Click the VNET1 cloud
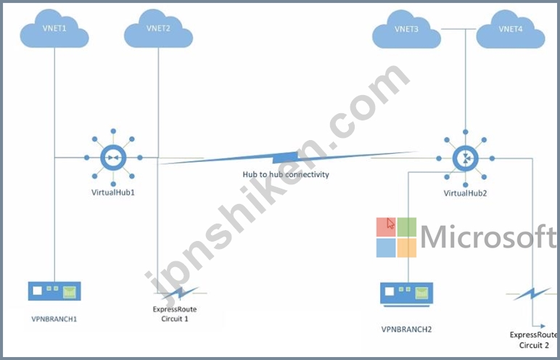(54, 28)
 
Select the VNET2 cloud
(158, 28)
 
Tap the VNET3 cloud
(406, 29)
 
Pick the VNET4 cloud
(511, 29)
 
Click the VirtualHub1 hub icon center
(113, 157)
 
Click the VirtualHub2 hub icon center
(466, 159)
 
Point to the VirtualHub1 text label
(113, 192)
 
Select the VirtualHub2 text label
(465, 193)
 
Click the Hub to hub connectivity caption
(286, 174)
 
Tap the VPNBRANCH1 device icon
(54, 291)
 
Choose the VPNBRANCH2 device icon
(406, 294)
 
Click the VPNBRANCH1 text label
(54, 319)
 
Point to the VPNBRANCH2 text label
(406, 330)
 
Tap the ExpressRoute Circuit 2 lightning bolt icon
(532, 294)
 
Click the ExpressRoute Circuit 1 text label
(175, 314)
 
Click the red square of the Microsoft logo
(386, 227)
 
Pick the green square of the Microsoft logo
(407, 227)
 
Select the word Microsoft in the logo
(489, 237)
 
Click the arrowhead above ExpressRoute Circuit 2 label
(543, 326)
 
